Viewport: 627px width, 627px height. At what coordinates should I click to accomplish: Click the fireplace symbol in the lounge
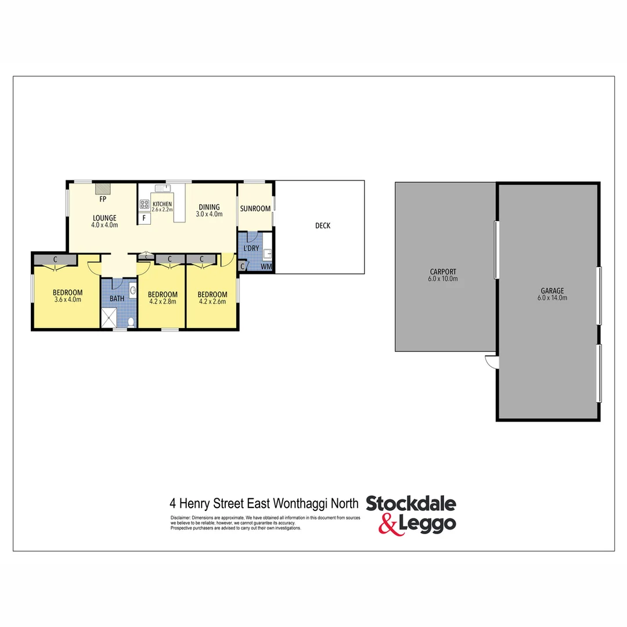[x=103, y=188]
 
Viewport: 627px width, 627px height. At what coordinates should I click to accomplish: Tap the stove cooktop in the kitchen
[x=145, y=204]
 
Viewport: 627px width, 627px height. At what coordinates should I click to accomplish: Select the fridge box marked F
[x=143, y=219]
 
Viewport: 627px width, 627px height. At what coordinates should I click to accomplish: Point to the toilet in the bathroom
[x=131, y=321]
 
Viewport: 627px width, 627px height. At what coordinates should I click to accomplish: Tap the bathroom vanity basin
[x=133, y=290]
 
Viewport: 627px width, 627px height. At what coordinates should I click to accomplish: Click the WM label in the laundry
[x=266, y=266]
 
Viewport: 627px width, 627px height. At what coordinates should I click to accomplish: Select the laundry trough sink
[x=268, y=254]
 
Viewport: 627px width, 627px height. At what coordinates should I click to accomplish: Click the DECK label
[x=323, y=226]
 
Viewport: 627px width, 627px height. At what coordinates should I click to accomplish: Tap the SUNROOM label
[x=255, y=208]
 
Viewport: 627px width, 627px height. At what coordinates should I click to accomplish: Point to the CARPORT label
[x=443, y=271]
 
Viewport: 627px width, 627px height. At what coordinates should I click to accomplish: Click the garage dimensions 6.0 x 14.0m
[x=552, y=298]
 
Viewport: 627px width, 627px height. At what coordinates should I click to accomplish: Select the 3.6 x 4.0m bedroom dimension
[x=67, y=300]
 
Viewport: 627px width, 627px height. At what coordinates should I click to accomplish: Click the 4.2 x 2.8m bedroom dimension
[x=162, y=301]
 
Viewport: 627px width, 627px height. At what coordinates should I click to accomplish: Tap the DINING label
[x=209, y=207]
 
